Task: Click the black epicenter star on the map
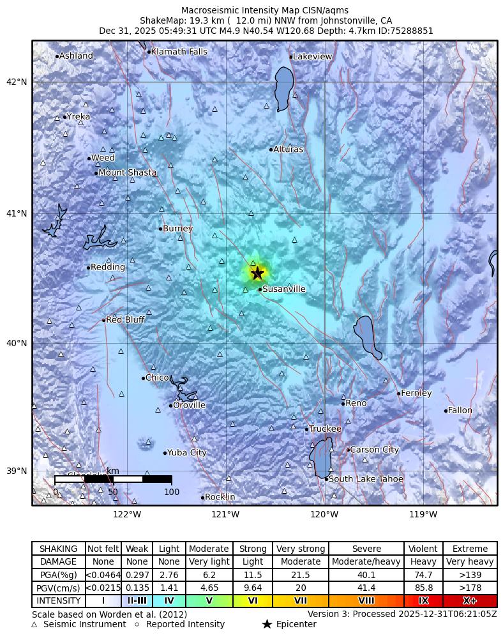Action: click(257, 273)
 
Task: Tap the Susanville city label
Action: click(284, 289)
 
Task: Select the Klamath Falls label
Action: click(179, 52)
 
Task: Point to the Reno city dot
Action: click(343, 404)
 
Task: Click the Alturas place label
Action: click(288, 149)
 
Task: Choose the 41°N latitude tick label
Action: click(17, 213)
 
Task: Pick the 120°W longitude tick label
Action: click(324, 514)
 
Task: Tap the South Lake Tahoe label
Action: click(366, 479)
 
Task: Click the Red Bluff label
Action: click(125, 319)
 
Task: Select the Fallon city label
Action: click(460, 410)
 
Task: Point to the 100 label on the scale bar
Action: click(171, 492)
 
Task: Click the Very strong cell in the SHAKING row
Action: click(300, 549)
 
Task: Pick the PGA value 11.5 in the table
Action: click(253, 575)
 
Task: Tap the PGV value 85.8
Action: click(423, 588)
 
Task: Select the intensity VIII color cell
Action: click(366, 601)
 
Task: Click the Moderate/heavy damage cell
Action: click(366, 562)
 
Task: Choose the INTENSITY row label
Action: click(59, 601)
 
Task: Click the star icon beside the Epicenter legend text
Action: click(267, 624)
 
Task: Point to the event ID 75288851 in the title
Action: click(410, 31)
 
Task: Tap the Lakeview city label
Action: click(312, 57)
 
